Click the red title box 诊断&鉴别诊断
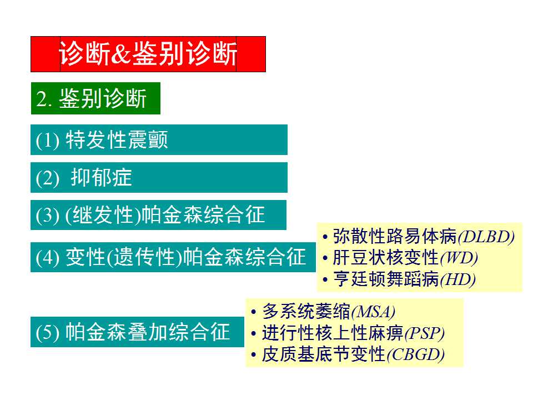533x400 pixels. coord(148,54)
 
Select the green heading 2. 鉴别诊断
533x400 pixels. coord(95,98)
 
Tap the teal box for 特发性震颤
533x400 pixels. coord(159,139)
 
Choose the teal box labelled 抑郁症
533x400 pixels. coord(159,177)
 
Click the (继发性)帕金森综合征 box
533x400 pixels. coord(158,215)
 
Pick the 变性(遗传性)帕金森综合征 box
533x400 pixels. coord(172,257)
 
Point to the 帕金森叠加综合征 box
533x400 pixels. coord(137,332)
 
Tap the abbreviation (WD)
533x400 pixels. coord(459,258)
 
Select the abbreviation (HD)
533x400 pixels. coord(457,279)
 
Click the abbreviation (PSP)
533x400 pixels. coord(424,333)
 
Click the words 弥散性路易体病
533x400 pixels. coord(395,237)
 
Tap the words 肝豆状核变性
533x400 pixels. coord(386,258)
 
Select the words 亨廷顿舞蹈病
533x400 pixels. coord(386,279)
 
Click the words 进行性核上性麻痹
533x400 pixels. coord(333,333)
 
